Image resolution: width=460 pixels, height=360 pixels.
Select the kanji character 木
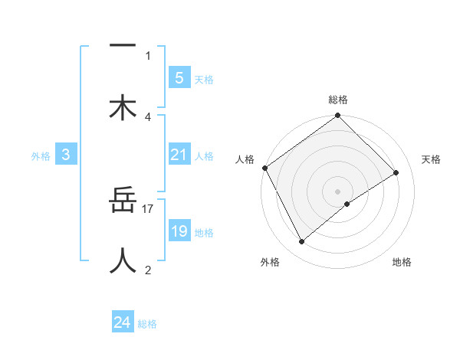tap(123, 107)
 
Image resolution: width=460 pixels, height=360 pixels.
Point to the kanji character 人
tap(123, 260)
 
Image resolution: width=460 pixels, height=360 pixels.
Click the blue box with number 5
tap(179, 77)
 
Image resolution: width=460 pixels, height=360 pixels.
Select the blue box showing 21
tap(179, 155)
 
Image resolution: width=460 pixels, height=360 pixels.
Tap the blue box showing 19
tap(179, 231)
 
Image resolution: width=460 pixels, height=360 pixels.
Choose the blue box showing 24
tap(123, 322)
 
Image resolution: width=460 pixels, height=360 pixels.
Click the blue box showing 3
tap(66, 155)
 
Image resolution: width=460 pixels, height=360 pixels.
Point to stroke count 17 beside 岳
tap(148, 208)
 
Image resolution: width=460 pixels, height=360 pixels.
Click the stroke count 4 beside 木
tap(148, 116)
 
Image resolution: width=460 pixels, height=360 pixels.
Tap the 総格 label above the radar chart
tap(338, 100)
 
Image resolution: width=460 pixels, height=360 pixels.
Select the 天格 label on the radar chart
tap(432, 159)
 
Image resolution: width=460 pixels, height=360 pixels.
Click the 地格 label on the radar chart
tap(402, 263)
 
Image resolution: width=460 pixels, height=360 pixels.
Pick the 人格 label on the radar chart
tap(245, 159)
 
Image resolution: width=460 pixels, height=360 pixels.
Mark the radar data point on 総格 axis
tap(338, 116)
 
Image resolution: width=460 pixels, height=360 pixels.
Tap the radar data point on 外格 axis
tap(301, 242)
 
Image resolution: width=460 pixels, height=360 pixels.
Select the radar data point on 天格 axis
tap(396, 172)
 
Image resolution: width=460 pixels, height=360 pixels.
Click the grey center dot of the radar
tap(338, 191)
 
